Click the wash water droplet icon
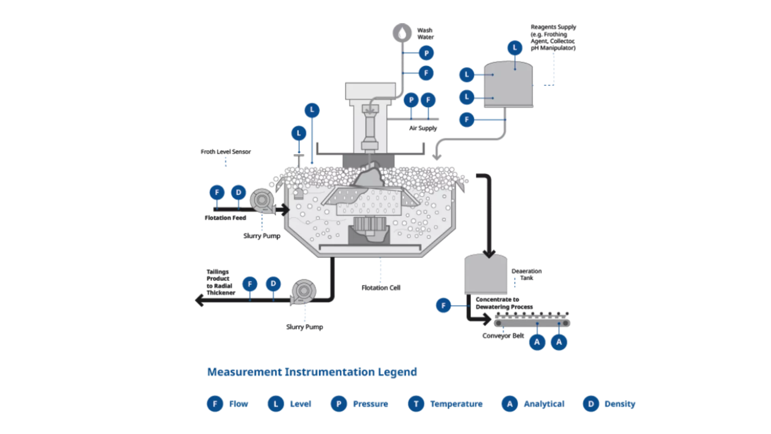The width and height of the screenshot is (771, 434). tap(402, 33)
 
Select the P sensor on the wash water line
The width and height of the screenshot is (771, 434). tap(426, 53)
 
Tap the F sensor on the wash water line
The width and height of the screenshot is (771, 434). tap(426, 73)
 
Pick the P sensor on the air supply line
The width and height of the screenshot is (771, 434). tap(411, 100)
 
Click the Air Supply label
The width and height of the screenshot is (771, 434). tap(423, 128)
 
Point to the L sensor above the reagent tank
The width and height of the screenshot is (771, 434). tap(515, 48)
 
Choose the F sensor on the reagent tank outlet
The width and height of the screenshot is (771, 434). tap(467, 119)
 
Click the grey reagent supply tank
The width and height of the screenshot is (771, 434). tap(508, 85)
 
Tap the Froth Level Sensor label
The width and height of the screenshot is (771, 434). tap(226, 151)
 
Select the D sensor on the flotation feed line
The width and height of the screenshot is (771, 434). tap(239, 192)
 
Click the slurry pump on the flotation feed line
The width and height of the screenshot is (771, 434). tap(262, 200)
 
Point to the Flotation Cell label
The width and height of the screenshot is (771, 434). tap(381, 288)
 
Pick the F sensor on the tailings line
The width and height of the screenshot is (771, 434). tap(250, 284)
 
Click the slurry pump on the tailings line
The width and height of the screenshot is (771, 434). tap(304, 291)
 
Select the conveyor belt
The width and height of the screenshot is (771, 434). tap(532, 323)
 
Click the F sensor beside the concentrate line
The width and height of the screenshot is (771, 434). tap(443, 305)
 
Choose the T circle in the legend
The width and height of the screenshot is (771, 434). tap(416, 403)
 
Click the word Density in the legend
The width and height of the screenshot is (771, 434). tap(620, 403)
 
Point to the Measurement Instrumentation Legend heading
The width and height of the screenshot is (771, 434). tap(312, 372)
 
